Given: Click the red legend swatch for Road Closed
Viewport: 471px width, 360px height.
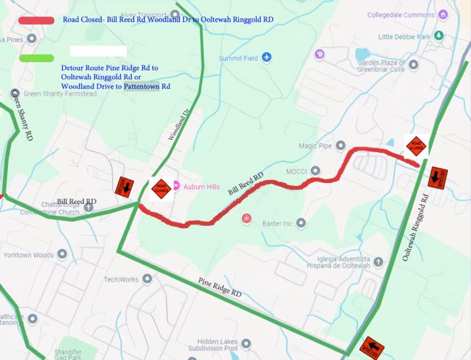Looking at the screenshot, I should [37, 21].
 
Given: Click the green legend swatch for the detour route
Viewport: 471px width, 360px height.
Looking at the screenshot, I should [37, 58].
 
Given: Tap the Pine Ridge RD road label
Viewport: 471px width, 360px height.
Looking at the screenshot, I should [220, 289].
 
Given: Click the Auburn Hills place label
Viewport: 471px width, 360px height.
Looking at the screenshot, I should [201, 186].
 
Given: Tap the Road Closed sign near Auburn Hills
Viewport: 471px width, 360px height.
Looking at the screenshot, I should [161, 189].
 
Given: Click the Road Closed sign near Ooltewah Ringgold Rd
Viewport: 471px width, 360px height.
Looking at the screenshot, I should [415, 146].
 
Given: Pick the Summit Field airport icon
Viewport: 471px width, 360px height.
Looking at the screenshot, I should [266, 57].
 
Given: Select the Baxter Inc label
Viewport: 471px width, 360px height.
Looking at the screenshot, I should [277, 223].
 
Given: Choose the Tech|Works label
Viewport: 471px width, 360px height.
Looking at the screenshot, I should [120, 279].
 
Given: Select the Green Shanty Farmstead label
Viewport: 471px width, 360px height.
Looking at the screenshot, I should [60, 94].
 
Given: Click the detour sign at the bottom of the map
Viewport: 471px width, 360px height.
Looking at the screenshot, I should [371, 346].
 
